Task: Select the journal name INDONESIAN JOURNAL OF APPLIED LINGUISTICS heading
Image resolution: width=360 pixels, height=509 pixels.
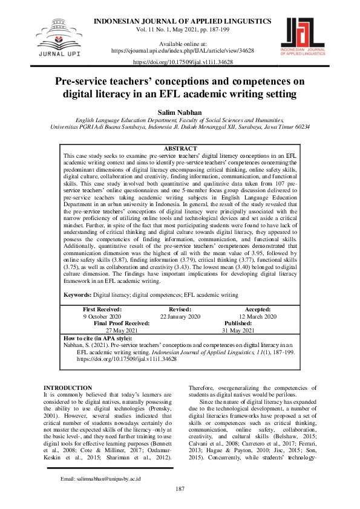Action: (x=180, y=22)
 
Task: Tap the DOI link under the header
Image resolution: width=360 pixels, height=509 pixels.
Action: (x=180, y=62)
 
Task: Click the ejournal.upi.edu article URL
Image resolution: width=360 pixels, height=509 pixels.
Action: (x=179, y=51)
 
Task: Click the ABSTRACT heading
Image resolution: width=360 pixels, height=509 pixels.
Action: (x=180, y=149)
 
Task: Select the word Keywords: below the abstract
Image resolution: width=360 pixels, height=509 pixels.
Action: (x=78, y=294)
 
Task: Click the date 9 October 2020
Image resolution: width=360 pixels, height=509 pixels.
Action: (x=102, y=316)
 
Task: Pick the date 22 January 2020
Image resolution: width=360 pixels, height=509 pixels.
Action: (x=180, y=316)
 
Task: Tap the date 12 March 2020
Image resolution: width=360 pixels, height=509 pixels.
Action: (x=257, y=316)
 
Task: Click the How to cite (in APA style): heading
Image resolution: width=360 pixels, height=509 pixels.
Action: (x=97, y=339)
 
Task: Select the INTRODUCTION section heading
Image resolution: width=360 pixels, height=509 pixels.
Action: (x=68, y=387)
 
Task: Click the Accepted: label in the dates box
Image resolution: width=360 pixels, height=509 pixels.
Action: (x=257, y=309)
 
